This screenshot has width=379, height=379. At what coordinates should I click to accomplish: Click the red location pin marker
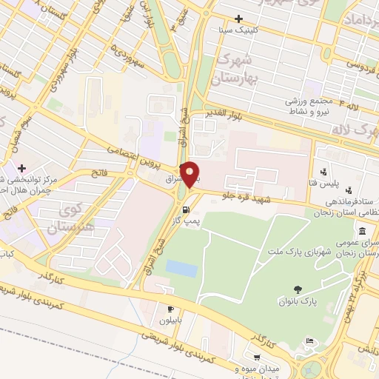coord(190,173)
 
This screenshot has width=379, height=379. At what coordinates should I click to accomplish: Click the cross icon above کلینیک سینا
coord(238,19)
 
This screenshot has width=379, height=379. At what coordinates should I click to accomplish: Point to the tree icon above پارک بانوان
coord(298,289)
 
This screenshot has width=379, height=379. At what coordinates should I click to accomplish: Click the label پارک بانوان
coord(298,301)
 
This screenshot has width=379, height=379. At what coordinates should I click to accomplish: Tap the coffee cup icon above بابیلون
coord(172,309)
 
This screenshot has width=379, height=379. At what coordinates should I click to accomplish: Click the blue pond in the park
coord(181,268)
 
